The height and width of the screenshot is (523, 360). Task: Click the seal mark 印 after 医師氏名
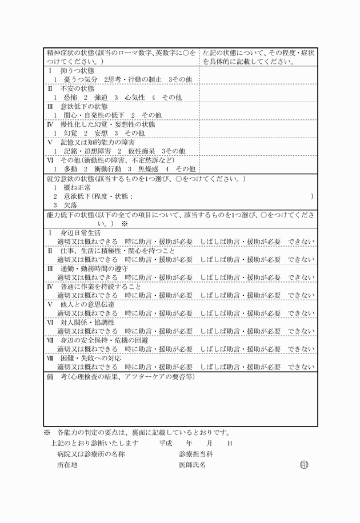pyautogui.click(x=304, y=465)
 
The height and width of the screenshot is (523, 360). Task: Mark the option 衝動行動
pyautogui.click(x=107, y=169)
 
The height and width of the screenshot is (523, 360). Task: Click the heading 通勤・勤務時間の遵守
pyautogui.click(x=94, y=268)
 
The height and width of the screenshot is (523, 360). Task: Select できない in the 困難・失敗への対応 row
pyautogui.click(x=301, y=366)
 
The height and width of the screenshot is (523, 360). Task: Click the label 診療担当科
pyautogui.click(x=195, y=454)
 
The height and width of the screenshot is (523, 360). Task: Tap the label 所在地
pyautogui.click(x=67, y=465)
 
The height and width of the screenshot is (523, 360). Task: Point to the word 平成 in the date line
pyautogui.click(x=166, y=442)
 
